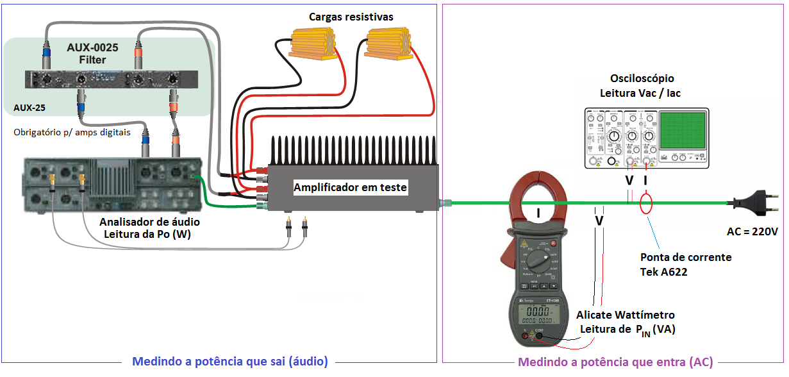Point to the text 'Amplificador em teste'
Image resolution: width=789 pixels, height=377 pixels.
(x=350, y=187)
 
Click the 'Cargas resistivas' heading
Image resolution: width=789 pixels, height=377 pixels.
(x=351, y=16)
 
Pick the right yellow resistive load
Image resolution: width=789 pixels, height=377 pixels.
(x=387, y=44)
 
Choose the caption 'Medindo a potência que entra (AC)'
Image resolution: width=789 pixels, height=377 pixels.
(x=615, y=362)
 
